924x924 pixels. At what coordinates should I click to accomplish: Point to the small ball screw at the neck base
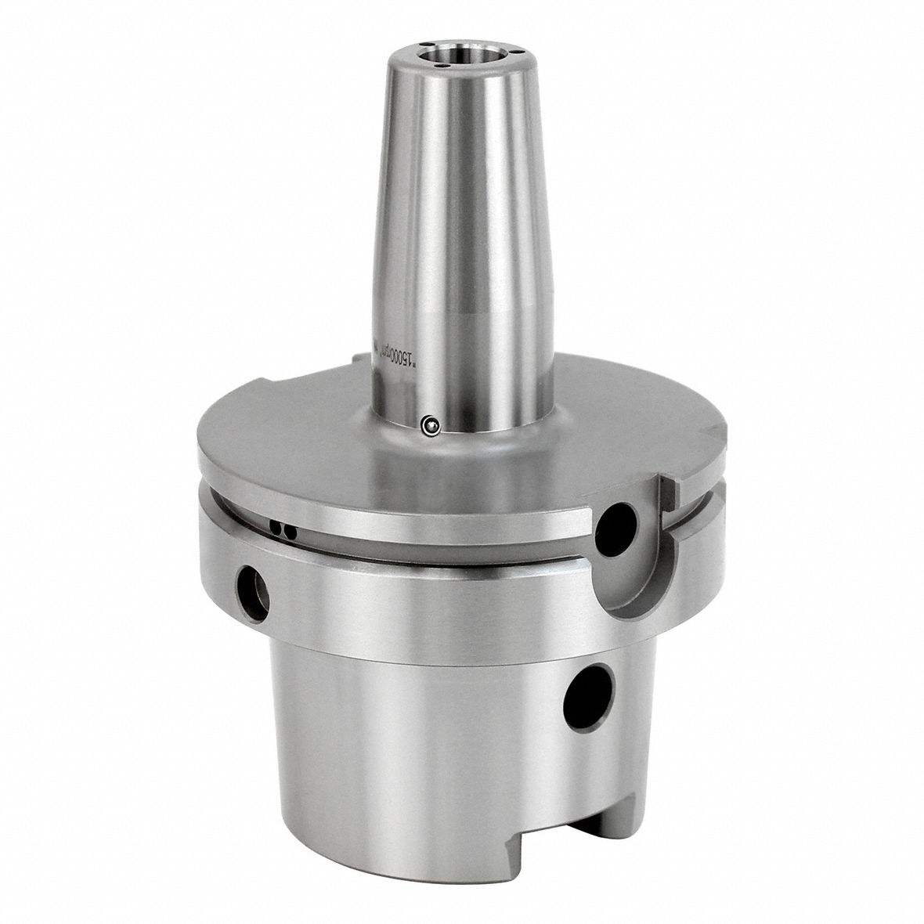pyautogui.click(x=430, y=425)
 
